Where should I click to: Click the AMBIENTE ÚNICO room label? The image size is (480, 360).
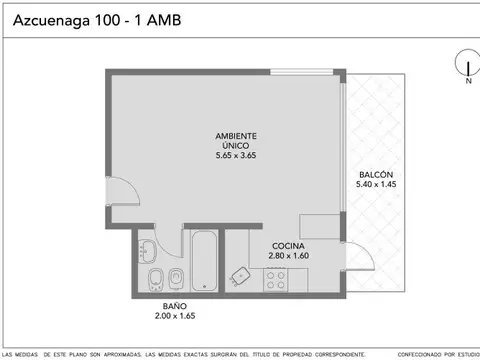[237, 140]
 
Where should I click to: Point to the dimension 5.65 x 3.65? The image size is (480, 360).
[237, 156]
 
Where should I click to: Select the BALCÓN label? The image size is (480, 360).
[377, 174]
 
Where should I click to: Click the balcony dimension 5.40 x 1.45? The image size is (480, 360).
[377, 185]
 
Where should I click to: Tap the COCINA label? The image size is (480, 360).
[288, 245]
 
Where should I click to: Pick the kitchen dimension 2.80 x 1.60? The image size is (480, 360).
[288, 256]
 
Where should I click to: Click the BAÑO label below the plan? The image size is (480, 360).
[174, 306]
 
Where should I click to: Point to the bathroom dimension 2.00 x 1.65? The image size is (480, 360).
[174, 317]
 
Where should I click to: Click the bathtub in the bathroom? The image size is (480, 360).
[204, 261]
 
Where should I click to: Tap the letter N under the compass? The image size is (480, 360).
[467, 83]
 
